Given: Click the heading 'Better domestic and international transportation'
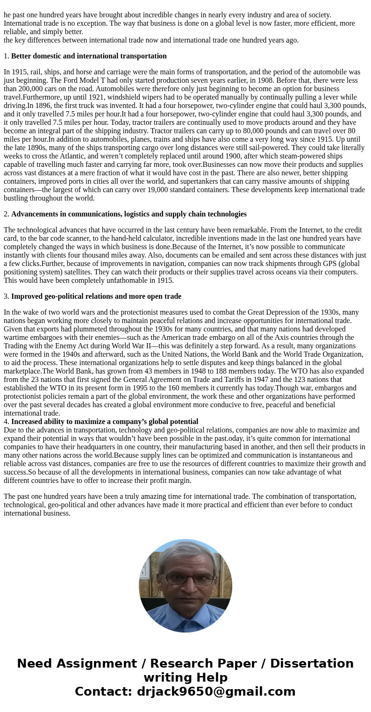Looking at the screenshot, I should tap(89, 56).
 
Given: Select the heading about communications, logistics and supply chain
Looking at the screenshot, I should tap(128, 214).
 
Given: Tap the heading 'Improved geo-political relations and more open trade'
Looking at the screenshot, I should tap(96, 296).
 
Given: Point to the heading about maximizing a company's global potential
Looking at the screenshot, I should tap(105, 422).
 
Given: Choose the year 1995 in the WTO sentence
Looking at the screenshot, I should tap(193, 380).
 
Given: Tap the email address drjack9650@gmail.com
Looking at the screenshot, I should tap(216, 692).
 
